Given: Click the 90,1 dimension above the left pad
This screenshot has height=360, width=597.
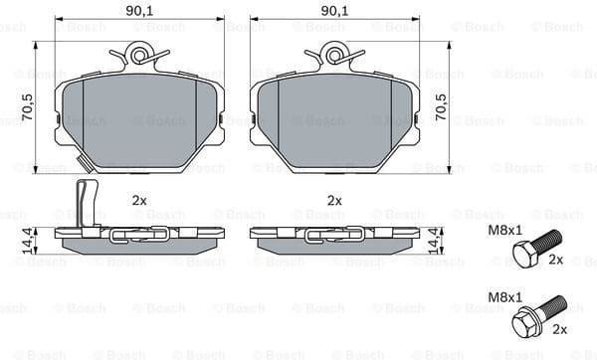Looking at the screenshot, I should pos(138,11).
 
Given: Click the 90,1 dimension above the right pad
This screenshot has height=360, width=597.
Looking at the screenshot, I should pos(333,11).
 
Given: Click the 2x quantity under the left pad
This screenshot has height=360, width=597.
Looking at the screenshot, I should pos(139,200).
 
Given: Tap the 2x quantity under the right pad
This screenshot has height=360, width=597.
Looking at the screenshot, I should pos(334,200).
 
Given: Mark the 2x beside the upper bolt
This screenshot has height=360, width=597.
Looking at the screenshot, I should pos(555,260).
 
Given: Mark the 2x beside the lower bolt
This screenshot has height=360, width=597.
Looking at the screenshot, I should pos(559,329).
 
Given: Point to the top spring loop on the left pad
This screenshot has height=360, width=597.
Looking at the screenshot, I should pos(138,55).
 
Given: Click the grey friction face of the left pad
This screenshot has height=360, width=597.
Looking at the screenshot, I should pos(138,119).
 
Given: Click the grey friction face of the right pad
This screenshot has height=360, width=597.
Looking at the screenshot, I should pos(333,119).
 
